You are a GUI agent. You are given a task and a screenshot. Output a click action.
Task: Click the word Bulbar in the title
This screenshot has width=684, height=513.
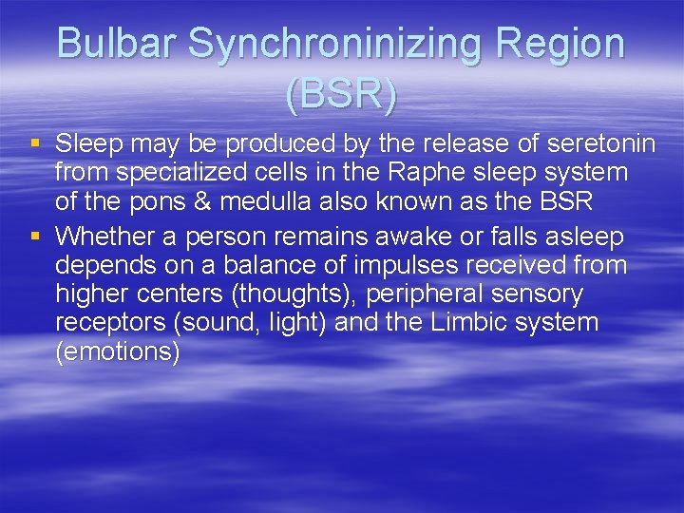(x=117, y=45)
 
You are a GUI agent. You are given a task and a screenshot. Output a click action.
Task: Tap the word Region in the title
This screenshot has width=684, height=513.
(x=563, y=45)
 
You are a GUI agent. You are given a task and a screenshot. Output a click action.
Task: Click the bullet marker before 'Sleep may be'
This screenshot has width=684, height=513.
(x=35, y=144)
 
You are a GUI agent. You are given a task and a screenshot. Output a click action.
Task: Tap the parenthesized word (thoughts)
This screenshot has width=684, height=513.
(x=282, y=294)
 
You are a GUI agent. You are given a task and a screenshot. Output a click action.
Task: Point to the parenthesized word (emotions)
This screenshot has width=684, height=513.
(x=118, y=352)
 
